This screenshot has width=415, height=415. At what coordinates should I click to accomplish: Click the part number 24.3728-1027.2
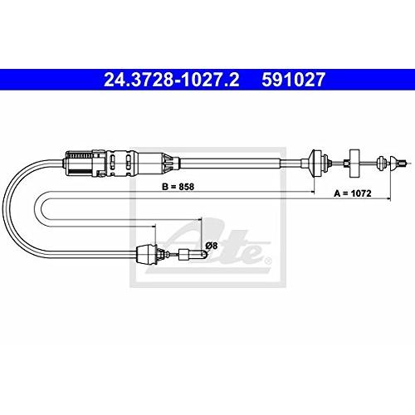171,80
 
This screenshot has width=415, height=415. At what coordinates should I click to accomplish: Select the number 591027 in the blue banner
293,80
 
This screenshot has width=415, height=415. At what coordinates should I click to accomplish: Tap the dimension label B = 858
178,187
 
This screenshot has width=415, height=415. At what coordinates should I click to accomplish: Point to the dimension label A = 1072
353,193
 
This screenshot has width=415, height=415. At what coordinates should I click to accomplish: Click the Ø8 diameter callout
212,246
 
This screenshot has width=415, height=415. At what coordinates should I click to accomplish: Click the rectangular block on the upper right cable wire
354,164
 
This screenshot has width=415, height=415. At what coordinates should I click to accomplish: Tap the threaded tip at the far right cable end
403,164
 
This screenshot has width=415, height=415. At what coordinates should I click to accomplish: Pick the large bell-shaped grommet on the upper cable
315,164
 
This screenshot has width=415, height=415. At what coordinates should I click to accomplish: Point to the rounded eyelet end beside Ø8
203,254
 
